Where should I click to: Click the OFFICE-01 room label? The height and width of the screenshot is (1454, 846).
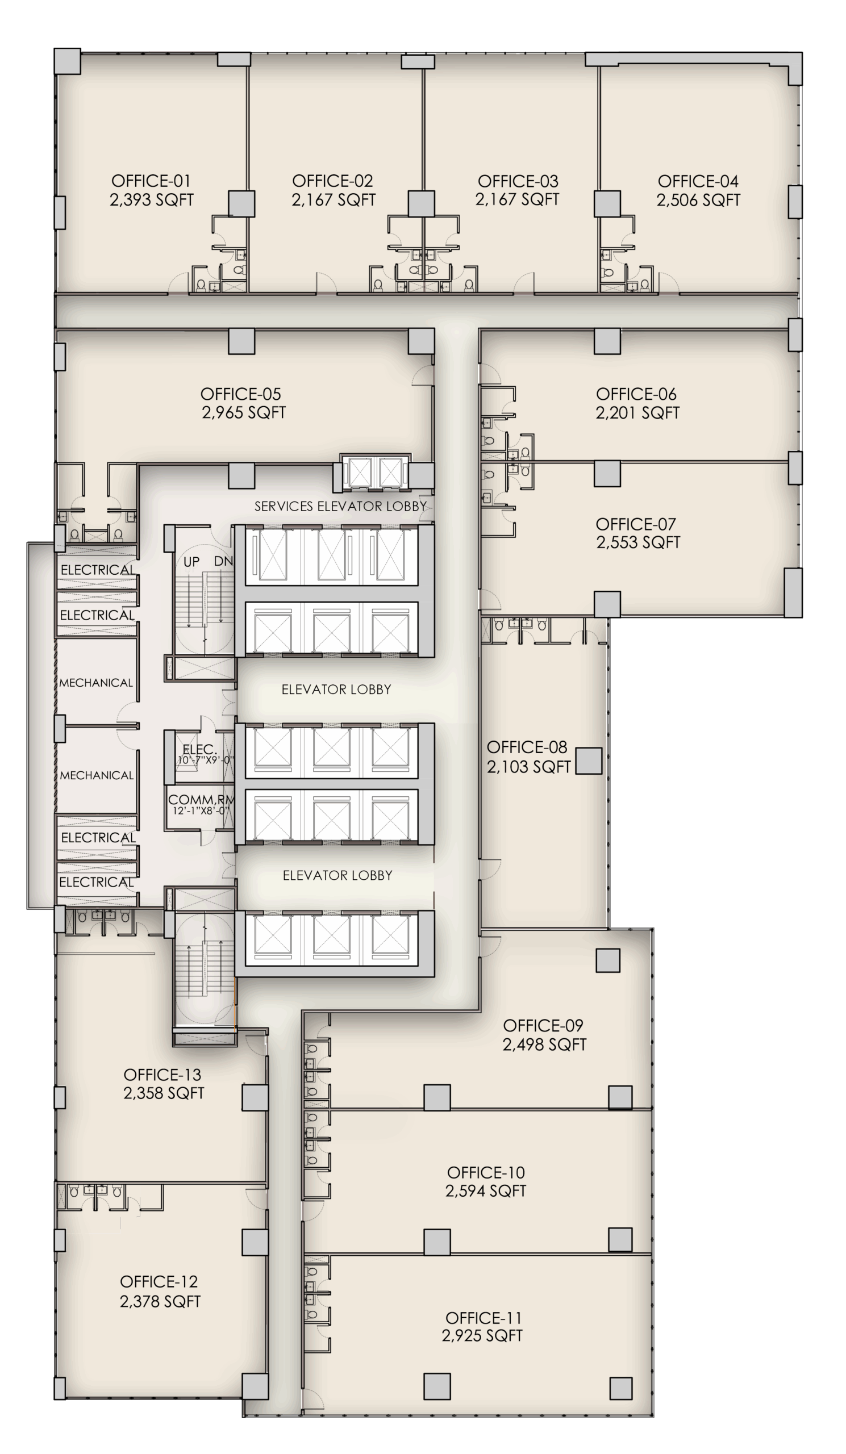[151, 181]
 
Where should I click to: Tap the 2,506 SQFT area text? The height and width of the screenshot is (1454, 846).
[698, 200]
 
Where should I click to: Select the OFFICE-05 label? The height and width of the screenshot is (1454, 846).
[241, 394]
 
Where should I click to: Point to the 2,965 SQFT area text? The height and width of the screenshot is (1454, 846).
[244, 412]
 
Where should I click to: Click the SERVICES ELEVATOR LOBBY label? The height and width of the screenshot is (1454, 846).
[340, 506]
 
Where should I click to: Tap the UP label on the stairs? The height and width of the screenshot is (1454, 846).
[191, 562]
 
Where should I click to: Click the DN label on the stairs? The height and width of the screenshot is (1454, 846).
[223, 561]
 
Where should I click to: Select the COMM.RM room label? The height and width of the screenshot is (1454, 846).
[200, 800]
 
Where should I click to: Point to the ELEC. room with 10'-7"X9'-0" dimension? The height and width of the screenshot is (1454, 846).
[199, 750]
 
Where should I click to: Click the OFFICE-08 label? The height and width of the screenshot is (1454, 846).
[527, 747]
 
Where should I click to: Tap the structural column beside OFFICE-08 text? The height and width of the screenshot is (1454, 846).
[589, 761]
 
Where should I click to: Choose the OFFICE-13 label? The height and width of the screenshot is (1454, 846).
[162, 1075]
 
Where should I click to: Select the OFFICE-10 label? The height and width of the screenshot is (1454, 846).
[485, 1172]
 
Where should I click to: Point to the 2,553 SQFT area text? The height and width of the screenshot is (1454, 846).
[637, 542]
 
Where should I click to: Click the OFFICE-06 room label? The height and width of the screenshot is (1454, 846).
[636, 394]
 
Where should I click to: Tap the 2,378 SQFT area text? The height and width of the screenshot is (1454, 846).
[160, 1301]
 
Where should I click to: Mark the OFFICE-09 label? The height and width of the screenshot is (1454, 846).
[543, 1025]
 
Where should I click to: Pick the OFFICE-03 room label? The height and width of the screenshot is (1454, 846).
[518, 181]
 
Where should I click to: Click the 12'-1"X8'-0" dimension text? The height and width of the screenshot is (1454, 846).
[201, 810]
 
